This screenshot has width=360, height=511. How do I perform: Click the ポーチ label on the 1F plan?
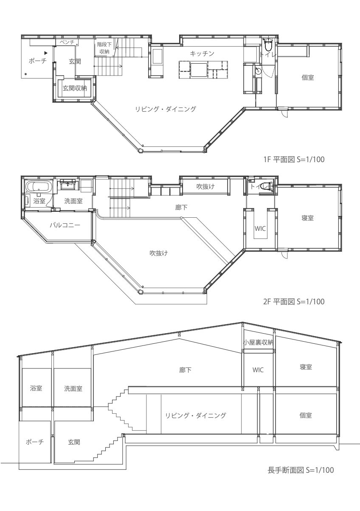pyautogui.click(x=38, y=61)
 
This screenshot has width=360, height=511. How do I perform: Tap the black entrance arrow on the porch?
pyautogui.click(x=46, y=53)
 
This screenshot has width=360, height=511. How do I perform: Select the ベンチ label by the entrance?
pyautogui.click(x=67, y=42)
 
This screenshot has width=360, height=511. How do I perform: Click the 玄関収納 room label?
pyautogui.click(x=75, y=88)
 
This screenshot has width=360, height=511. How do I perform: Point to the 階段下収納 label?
pyautogui.click(x=104, y=48)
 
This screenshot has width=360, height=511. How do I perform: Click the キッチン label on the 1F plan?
pyautogui.click(x=202, y=53)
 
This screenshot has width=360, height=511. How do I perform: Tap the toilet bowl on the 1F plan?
pyautogui.click(x=268, y=45)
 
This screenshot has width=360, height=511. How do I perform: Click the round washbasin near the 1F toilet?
pyautogui.click(x=258, y=70)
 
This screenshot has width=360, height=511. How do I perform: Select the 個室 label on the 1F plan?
pyautogui.click(x=307, y=78)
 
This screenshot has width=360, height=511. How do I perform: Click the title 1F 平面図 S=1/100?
pyautogui.click(x=294, y=159)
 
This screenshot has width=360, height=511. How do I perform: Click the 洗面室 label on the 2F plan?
pyautogui.click(x=73, y=201)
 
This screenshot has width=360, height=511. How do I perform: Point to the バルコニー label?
pyautogui.click(x=65, y=225)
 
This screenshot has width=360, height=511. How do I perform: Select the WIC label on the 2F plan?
pyautogui.click(x=260, y=228)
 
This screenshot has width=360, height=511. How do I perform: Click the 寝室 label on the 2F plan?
pyautogui.click(x=307, y=218)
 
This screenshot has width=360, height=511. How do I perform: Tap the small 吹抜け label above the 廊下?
pyautogui.click(x=205, y=187)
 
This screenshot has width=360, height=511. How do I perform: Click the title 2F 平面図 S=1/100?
pyautogui.click(x=294, y=302)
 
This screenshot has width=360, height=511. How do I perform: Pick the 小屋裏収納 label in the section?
pyautogui.click(x=258, y=342)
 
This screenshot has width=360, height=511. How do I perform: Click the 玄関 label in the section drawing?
pyautogui.click(x=74, y=442)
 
